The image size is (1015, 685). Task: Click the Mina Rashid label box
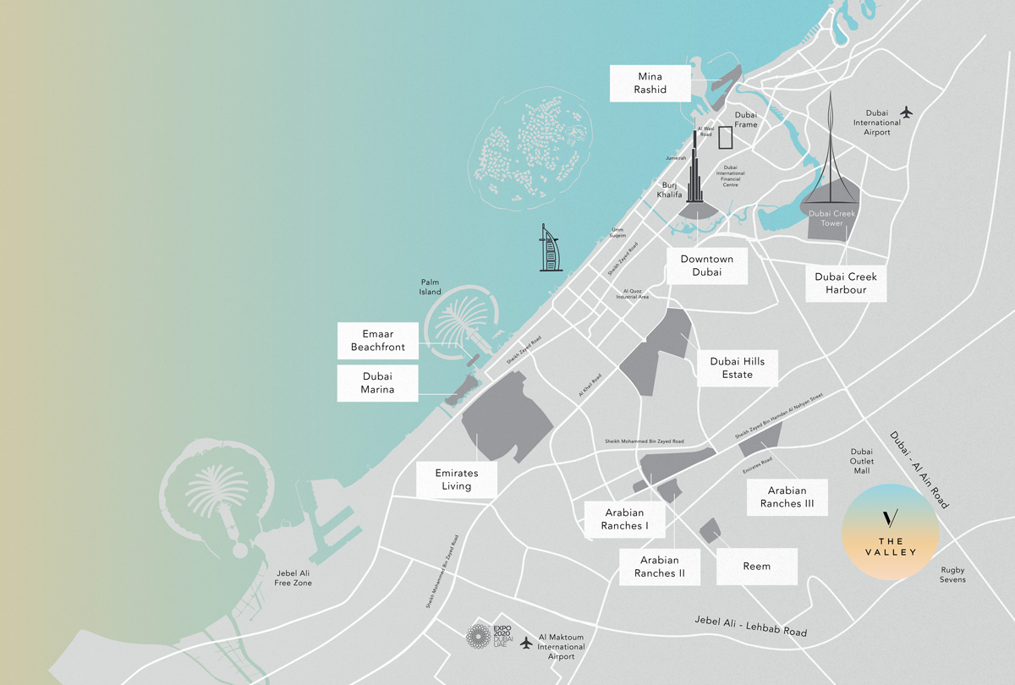650,83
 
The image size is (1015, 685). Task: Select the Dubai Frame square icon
724,138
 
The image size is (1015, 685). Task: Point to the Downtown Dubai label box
707,266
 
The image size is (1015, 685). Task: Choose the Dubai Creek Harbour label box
846,283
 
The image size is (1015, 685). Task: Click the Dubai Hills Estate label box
737,368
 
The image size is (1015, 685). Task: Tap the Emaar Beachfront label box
377,340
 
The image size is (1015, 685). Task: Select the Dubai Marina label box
377,383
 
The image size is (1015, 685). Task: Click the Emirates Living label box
456,479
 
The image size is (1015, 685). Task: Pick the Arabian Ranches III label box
786,496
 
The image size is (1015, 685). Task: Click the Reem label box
757,566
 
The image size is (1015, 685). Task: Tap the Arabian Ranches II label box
659,567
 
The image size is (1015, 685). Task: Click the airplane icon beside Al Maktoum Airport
528,643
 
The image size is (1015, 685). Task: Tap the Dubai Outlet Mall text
861,461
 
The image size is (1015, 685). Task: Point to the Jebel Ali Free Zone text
294,578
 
